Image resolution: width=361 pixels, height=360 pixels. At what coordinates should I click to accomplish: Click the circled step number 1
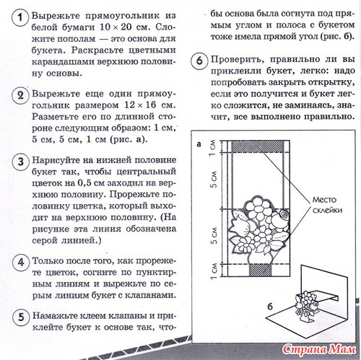(20, 17)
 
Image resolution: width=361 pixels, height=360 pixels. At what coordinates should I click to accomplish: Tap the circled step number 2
(20, 95)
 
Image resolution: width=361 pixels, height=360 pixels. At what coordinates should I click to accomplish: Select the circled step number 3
(21, 162)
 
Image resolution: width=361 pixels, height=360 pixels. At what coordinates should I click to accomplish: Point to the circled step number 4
(21, 263)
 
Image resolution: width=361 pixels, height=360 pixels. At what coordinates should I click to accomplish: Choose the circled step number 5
(21, 317)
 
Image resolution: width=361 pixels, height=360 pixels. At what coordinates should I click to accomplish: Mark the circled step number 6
(199, 61)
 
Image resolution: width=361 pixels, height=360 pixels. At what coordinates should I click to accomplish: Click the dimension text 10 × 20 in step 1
(116, 27)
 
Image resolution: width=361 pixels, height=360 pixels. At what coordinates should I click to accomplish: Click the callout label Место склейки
(327, 205)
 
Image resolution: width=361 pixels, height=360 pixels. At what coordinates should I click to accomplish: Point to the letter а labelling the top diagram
(199, 144)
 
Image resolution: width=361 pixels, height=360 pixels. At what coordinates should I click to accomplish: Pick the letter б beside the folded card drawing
(270, 307)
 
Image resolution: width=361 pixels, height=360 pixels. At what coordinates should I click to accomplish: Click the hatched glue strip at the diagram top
(258, 146)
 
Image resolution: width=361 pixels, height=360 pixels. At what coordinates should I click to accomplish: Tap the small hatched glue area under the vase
(260, 271)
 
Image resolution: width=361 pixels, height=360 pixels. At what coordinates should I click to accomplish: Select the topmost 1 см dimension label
(213, 148)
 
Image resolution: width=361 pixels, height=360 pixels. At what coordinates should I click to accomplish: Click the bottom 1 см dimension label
(214, 271)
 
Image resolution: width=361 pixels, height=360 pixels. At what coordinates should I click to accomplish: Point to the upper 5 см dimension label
(213, 180)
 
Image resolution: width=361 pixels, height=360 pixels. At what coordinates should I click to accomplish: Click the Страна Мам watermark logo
(319, 349)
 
